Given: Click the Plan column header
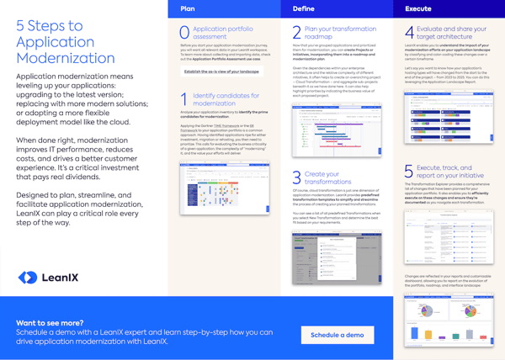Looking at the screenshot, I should pos(189,8).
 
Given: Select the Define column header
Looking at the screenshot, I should pos(303,8).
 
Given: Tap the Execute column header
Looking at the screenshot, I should pos(418,8).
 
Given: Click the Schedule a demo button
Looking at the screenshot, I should pos(337,335).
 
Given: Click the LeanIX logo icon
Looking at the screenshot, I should pos(28,278).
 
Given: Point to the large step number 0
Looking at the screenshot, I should pos(185,33).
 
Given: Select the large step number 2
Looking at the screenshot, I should pos(296,33).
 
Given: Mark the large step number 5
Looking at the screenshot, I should pos(409,172).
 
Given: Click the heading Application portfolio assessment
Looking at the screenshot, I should pos(221,33).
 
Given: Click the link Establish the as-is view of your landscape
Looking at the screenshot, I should pos(221,72).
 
